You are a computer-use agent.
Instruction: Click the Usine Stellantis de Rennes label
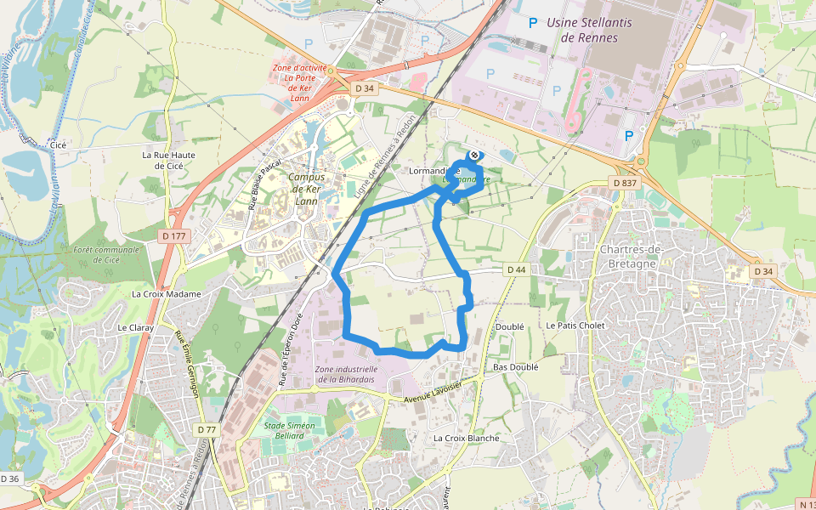pyautogui.click(x=589, y=30)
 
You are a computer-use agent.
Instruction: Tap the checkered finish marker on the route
pyautogui.click(x=473, y=155)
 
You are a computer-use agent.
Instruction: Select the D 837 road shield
pyautogui.click(x=624, y=183)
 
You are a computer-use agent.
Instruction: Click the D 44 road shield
pyautogui.click(x=517, y=269)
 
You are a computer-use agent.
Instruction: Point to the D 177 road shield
pyautogui.click(x=173, y=235)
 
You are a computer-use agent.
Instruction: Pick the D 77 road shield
pyautogui.click(x=207, y=430)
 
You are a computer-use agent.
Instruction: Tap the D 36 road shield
pyautogui.click(x=9, y=479)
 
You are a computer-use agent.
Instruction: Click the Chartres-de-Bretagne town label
pyautogui.click(x=639, y=256)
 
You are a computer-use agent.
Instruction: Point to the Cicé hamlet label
pyautogui.click(x=59, y=145)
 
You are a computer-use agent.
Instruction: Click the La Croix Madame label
pyautogui.click(x=167, y=294)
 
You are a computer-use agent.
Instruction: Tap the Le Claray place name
pyautogui.click(x=133, y=327)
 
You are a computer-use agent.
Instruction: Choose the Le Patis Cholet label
pyautogui.click(x=574, y=326)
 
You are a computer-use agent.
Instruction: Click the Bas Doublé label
pyautogui.click(x=515, y=367)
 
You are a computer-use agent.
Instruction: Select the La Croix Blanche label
pyautogui.click(x=466, y=439)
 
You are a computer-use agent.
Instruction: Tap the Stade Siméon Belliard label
pyautogui.click(x=290, y=431)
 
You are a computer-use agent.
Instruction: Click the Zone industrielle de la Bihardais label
pyautogui.click(x=346, y=375)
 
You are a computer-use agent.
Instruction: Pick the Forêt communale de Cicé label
pyautogui.click(x=105, y=254)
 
